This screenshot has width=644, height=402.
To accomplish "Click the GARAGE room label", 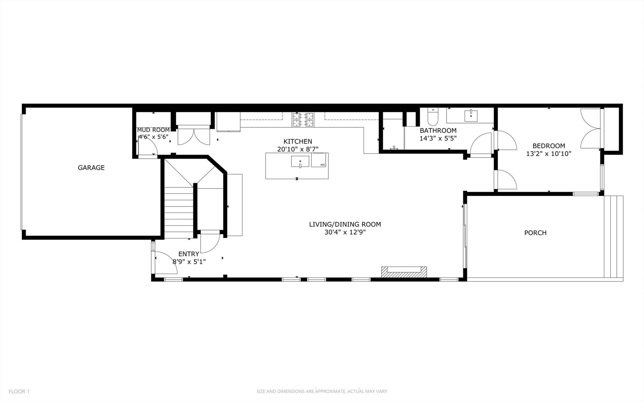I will click(x=91, y=168).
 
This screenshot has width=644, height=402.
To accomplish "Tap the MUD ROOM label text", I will click(x=153, y=130).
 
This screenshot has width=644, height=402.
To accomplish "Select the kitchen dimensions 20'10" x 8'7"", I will click(x=298, y=149).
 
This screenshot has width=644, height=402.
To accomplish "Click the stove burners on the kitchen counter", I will click(x=303, y=120).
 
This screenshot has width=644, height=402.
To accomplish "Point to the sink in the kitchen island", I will click(x=300, y=161).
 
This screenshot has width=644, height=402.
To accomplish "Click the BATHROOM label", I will click(x=438, y=130).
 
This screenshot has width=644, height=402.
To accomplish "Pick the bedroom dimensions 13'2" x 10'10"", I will click(x=549, y=154).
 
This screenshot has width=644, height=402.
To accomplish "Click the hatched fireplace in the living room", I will click(x=404, y=272).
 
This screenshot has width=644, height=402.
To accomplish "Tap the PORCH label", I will click(x=535, y=233).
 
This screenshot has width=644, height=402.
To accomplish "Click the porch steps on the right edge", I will click(x=613, y=237).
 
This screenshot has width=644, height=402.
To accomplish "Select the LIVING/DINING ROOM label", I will click(x=345, y=224).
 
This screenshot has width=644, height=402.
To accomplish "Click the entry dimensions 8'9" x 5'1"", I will click(x=189, y=262).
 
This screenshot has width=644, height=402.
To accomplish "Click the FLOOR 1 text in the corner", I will click(x=19, y=392).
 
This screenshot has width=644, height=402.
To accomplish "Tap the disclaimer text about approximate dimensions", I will click(x=322, y=392).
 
